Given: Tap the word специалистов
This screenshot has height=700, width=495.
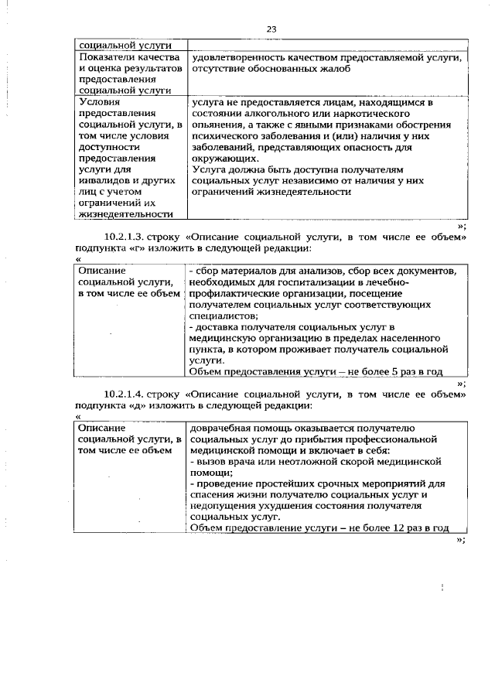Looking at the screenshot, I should pyautogui.click(x=224, y=316).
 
